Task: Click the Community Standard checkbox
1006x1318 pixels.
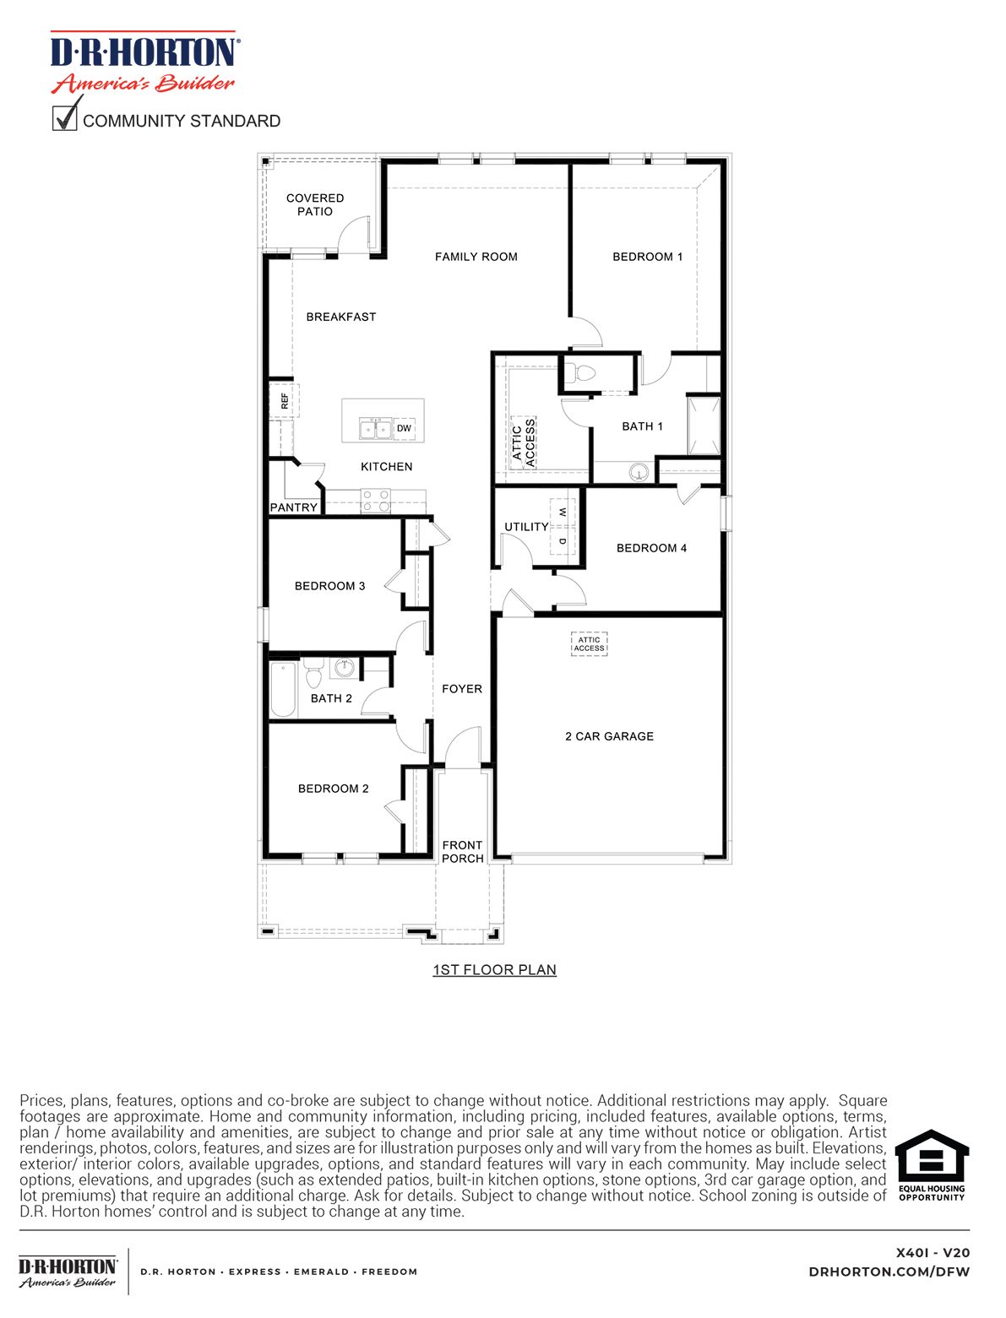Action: point(65,117)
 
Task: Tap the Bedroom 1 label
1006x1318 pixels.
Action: point(647,257)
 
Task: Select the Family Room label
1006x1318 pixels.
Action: point(476,257)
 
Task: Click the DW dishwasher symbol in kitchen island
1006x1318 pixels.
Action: point(404,428)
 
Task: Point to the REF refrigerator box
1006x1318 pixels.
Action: point(284,400)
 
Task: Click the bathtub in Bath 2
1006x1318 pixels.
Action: point(283,688)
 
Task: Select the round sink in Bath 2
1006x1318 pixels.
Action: point(345,668)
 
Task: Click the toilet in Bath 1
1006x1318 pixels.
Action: point(580,373)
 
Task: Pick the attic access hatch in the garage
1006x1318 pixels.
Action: point(589,644)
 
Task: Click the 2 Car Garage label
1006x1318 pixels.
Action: point(609,736)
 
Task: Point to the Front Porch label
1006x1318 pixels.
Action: point(462,851)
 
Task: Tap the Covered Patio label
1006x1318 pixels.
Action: point(315,204)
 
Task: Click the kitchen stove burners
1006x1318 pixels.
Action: point(375,502)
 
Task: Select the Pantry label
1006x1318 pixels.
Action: point(293,507)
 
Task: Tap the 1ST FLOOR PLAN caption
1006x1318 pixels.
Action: point(494,969)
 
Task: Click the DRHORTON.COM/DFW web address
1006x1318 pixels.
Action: point(889,1272)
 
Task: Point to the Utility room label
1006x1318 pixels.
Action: point(526,527)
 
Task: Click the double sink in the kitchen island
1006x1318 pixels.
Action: point(375,429)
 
